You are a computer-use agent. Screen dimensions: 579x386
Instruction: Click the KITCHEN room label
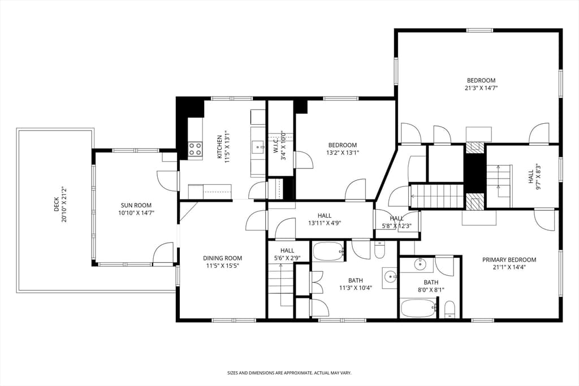pos(219,147)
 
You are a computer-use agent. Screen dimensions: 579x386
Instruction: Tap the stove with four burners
pos(195,149)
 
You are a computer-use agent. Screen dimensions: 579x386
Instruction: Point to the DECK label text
pos(56,204)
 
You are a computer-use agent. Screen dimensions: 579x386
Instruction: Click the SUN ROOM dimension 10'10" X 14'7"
pos(136,213)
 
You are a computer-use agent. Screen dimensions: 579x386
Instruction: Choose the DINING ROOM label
pos(223,258)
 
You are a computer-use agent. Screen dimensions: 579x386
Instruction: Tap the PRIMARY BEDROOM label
pos(509,260)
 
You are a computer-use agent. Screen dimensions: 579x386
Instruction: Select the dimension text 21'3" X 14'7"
pos(482,88)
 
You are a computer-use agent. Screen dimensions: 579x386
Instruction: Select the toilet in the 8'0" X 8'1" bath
pos(450,309)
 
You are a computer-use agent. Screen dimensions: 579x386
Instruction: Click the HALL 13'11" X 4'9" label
pos(325,219)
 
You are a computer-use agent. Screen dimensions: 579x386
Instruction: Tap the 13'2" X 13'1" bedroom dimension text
pos(343,153)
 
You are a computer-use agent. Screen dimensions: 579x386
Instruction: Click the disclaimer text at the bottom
pos(289,373)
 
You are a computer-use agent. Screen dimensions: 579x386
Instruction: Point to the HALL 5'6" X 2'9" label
pos(287,254)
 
